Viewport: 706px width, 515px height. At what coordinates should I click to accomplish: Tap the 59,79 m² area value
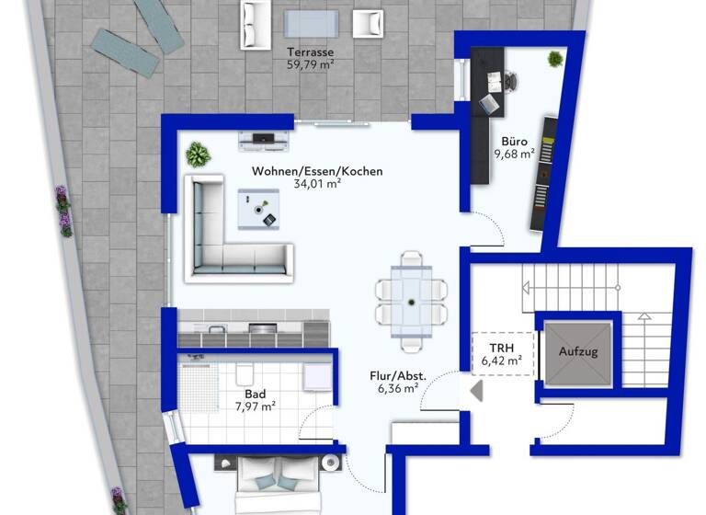pyautogui.click(x=311, y=65)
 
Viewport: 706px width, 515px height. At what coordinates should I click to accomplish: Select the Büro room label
pyautogui.click(x=514, y=142)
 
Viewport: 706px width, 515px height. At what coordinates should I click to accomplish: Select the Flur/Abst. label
pyautogui.click(x=398, y=375)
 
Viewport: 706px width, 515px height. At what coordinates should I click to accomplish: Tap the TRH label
pyautogui.click(x=501, y=348)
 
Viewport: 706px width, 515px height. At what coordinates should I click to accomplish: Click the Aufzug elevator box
pyautogui.click(x=578, y=351)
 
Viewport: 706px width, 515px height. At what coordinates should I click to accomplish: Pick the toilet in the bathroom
pyautogui.click(x=245, y=372)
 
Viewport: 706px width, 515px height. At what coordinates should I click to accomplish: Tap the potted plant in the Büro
pyautogui.click(x=555, y=60)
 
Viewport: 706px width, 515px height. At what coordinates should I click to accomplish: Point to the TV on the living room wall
pyautogui.click(x=266, y=138)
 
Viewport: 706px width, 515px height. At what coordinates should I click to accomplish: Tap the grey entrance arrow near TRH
pyautogui.click(x=476, y=390)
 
